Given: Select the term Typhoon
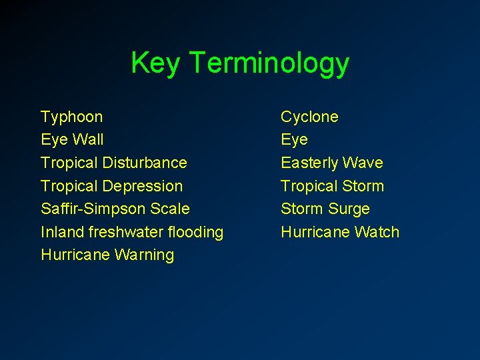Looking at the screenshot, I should (x=72, y=117).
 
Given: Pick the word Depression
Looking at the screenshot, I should (x=143, y=186).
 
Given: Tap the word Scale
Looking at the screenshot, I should (x=170, y=209).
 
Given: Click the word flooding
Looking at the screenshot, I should (x=196, y=233).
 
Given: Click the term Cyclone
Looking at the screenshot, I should (x=309, y=117).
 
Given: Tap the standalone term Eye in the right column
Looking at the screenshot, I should (x=294, y=140).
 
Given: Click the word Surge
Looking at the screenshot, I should (x=348, y=209).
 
